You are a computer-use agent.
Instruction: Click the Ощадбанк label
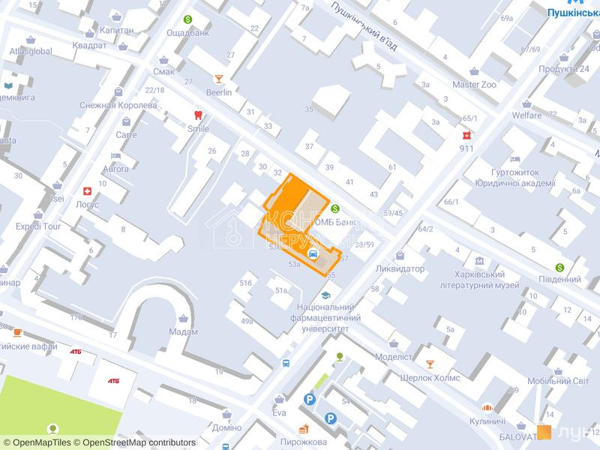[x=187, y=32]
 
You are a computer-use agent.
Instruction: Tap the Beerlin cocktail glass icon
[x=218, y=78]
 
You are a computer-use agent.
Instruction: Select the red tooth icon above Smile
[x=198, y=115]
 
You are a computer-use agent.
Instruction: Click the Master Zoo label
[x=474, y=85]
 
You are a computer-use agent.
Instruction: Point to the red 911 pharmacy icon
[x=467, y=136]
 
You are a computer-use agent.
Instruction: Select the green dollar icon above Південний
[x=559, y=267]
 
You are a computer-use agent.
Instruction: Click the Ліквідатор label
[x=400, y=268]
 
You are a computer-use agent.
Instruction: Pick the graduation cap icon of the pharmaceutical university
[x=325, y=295]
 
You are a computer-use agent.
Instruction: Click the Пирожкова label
[x=304, y=442]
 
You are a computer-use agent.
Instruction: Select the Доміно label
[x=226, y=427]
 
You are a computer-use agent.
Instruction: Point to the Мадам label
[x=184, y=331]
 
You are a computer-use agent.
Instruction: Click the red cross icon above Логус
[x=87, y=191]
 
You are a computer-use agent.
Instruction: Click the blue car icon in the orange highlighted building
[x=314, y=254]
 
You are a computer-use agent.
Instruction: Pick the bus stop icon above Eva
[x=286, y=364]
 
